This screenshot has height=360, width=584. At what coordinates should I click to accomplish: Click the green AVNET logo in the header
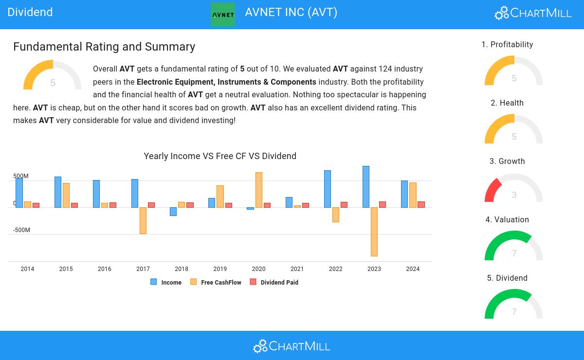[x=223, y=15]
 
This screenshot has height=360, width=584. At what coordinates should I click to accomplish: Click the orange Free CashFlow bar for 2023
[x=374, y=232]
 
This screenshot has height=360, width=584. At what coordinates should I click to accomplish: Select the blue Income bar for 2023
[x=366, y=187]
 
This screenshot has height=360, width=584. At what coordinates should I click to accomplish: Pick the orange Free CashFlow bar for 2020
[x=259, y=190]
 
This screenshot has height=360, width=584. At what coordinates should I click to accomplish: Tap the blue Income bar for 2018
[x=173, y=212]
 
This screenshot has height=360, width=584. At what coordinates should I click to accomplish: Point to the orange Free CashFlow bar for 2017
[x=143, y=220]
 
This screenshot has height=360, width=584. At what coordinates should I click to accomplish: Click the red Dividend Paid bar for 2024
[x=421, y=204]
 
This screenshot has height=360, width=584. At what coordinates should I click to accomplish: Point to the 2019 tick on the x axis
[x=220, y=269]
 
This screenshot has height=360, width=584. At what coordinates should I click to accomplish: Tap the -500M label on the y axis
[x=21, y=230]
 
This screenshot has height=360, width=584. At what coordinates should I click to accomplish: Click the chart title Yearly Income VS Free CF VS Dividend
[x=220, y=156]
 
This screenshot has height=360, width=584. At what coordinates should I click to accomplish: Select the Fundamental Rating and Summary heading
[x=104, y=47]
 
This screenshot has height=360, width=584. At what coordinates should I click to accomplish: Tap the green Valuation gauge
[x=514, y=246]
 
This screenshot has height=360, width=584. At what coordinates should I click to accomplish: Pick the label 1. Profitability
[x=507, y=45]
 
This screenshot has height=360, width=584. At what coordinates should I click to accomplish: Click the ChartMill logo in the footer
[x=292, y=346]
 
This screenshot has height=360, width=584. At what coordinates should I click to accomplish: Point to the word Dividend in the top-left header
[x=30, y=12]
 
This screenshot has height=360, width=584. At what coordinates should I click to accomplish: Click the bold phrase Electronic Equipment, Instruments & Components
[x=226, y=82]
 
